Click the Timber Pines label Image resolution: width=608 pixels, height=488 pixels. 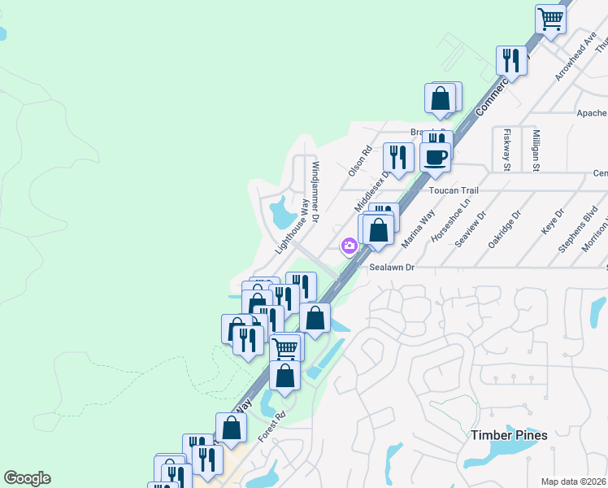tap(509, 435)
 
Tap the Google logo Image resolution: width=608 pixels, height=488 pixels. tap(27, 478)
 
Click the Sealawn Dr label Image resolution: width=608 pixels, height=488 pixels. tap(392, 267)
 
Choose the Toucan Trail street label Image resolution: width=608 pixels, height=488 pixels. tap(454, 190)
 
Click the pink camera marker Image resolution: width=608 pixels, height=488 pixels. tap(350, 246)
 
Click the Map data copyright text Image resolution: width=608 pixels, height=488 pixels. tap(573, 481)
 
